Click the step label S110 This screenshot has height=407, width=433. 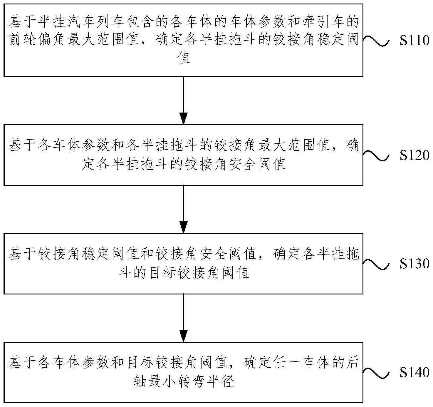[414, 41]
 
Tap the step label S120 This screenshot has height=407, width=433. [414, 155]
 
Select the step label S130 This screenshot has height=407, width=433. [414, 264]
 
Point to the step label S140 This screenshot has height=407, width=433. [414, 373]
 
